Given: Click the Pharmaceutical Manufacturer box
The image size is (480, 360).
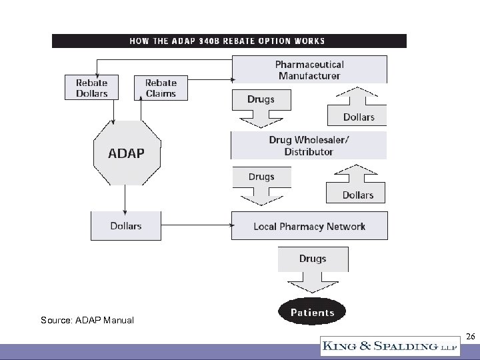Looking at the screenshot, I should pyautogui.click(x=309, y=70).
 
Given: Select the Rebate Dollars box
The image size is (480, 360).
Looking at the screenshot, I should pyautogui.click(x=91, y=88).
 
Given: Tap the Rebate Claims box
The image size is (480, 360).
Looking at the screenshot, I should pyautogui.click(x=161, y=88).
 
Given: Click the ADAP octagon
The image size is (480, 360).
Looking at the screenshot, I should pyautogui.click(x=126, y=153).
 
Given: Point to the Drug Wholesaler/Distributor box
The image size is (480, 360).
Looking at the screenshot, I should pyautogui.click(x=309, y=145).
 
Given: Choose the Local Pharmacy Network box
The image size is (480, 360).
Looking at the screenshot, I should pyautogui.click(x=309, y=226).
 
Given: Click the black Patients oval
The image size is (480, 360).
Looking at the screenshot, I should pyautogui.click(x=312, y=312).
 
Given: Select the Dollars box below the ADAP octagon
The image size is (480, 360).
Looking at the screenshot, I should pyautogui.click(x=126, y=226).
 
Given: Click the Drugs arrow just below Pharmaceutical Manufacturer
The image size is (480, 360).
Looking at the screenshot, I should pyautogui.click(x=261, y=105).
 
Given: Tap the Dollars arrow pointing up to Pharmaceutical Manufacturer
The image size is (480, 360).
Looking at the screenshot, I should pyautogui.click(x=358, y=108).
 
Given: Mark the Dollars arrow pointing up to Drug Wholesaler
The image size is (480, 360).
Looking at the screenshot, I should pyautogui.click(x=357, y=187).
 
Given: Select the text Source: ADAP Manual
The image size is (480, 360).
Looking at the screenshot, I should pyautogui.click(x=87, y=320).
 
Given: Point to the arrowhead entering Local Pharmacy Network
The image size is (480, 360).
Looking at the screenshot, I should pyautogui.click(x=228, y=226).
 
